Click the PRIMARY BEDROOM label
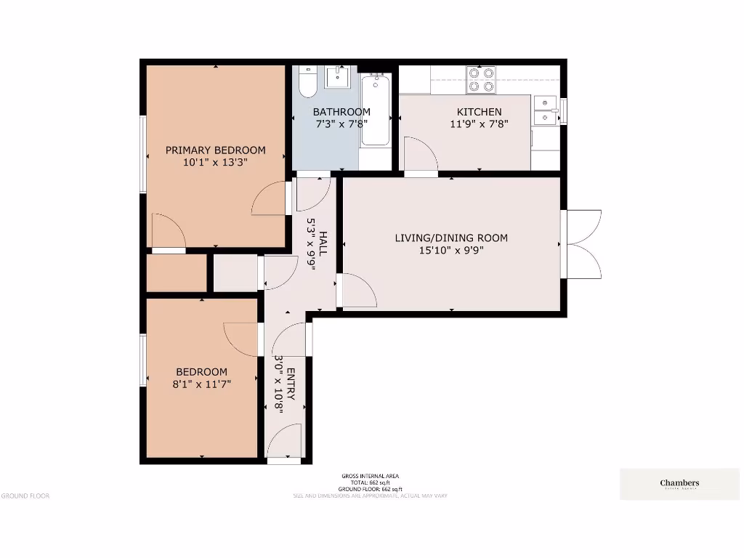tap(215, 150)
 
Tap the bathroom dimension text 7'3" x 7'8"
tap(341, 124)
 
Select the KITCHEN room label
tap(479, 112)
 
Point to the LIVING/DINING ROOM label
tap(451, 238)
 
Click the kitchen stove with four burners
tap(480, 80)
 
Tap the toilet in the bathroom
tap(307, 82)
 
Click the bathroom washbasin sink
tap(337, 76)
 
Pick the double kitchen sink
tap(545, 110)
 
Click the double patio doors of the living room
tap(582, 244)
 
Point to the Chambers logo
tap(679, 484)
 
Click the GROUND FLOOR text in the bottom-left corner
tap(25, 496)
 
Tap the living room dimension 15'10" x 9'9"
tap(451, 250)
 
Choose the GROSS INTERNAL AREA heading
tap(371, 476)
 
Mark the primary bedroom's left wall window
tap(143, 154)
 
